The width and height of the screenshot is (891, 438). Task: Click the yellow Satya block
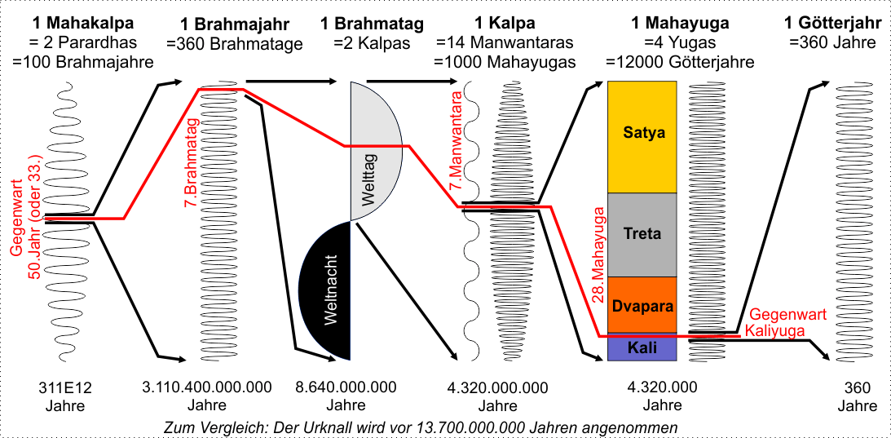[x=643, y=133]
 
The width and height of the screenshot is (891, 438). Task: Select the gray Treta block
[x=642, y=234]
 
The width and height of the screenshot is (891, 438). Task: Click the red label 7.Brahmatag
[x=192, y=156]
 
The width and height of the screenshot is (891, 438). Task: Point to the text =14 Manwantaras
[x=505, y=42]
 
